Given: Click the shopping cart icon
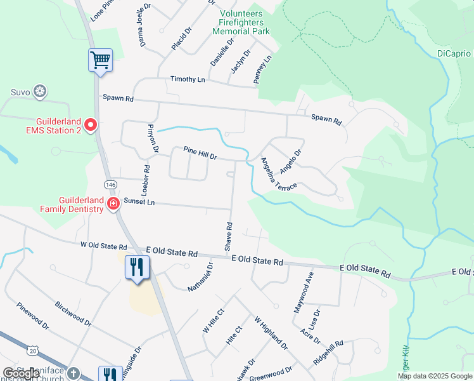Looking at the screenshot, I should point(100,60).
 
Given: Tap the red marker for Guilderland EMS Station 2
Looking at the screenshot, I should point(90,125).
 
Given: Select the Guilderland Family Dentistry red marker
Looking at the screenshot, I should point(113,204).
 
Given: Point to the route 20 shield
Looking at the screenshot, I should point(33,350).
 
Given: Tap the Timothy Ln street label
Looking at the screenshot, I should point(188,79).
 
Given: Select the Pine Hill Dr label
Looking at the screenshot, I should point(200,152).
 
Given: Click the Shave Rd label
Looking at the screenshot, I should point(229,235).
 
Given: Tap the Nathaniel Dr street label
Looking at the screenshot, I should point(201,277).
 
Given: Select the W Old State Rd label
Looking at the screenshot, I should point(104,245).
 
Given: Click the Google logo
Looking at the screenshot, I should point(20,373).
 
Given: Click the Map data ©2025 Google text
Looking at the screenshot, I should point(434,376).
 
